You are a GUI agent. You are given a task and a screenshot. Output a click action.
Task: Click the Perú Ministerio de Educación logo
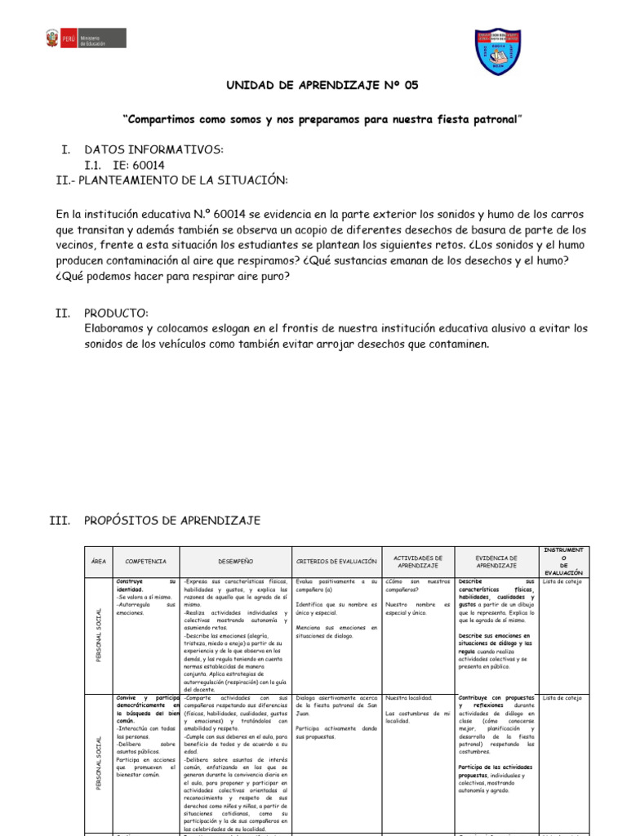(84, 38)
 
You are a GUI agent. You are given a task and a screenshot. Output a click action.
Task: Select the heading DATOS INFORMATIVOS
(153, 150)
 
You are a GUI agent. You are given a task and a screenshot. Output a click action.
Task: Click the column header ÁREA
(98, 562)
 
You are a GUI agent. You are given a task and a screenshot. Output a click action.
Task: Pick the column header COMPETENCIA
(145, 562)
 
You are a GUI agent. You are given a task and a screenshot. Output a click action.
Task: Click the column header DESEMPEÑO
(236, 562)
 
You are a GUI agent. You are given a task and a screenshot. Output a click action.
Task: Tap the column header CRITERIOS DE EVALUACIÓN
(336, 562)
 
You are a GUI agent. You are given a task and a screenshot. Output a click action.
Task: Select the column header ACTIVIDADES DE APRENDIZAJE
(417, 561)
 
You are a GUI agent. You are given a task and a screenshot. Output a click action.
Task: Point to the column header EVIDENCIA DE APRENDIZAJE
(496, 561)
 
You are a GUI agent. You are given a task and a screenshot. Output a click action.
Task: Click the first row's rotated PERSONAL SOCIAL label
(99, 634)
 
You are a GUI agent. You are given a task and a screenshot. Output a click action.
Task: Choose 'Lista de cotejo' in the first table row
(562, 581)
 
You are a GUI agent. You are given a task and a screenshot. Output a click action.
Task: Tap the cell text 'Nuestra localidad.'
(408, 698)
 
